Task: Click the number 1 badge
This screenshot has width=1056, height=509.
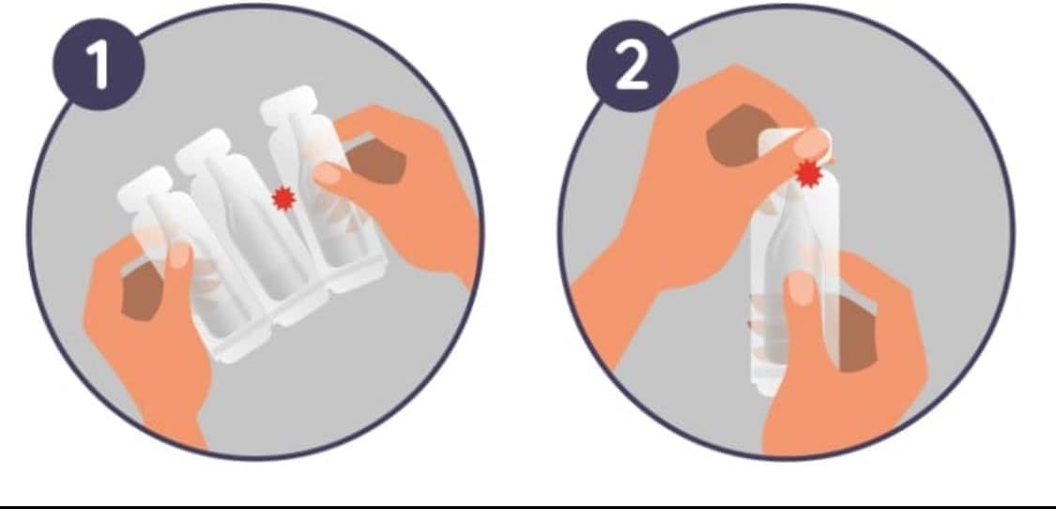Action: tap(96, 68)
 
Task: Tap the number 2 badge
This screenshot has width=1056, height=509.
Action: tap(632, 68)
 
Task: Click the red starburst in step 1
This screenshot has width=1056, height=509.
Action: tap(283, 198)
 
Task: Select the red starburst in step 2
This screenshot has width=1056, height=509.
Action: tap(807, 173)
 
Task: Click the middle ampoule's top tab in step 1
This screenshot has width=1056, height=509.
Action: tap(207, 150)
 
